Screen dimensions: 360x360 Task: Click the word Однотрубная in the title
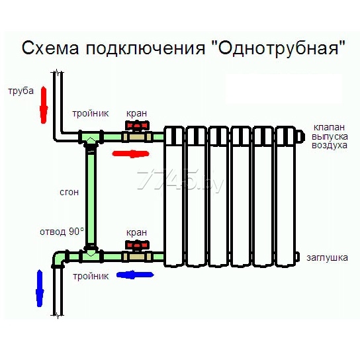[x=278, y=48]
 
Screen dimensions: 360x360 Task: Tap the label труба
[x=21, y=91]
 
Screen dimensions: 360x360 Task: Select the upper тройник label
[x=91, y=113]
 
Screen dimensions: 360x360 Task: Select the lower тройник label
[x=91, y=276]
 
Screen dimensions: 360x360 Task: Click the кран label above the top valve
[x=136, y=114]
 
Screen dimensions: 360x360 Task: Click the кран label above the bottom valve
[x=136, y=233]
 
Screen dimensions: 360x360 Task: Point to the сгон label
[x=69, y=192]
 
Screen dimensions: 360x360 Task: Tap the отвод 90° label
[x=62, y=232]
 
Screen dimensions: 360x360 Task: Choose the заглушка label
[x=327, y=258]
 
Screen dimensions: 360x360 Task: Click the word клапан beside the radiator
[x=330, y=127]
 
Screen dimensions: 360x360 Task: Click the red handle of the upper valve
[x=137, y=126]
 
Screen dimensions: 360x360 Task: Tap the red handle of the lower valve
[x=137, y=246]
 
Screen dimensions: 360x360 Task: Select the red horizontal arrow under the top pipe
[x=130, y=154]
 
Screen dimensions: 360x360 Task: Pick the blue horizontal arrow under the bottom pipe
[x=135, y=275]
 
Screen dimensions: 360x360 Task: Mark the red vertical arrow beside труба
[x=44, y=105]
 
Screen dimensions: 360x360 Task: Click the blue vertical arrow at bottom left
[x=40, y=288]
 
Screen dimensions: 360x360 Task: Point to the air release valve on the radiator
[x=300, y=136]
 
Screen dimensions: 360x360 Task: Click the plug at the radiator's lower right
[x=297, y=257]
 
